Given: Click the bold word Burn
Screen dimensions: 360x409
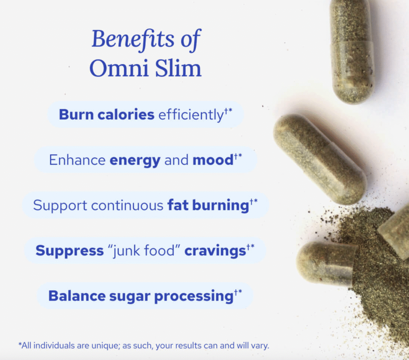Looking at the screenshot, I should tap(74, 115).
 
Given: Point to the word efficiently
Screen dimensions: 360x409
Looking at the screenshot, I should tap(190, 115).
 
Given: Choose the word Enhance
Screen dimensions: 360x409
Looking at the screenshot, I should tap(77, 160).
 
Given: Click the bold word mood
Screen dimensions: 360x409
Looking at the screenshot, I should tap(212, 160).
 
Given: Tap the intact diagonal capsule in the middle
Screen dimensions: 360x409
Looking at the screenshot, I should tap(320, 158).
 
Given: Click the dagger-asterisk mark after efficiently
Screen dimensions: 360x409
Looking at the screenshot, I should tap(228, 111).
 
